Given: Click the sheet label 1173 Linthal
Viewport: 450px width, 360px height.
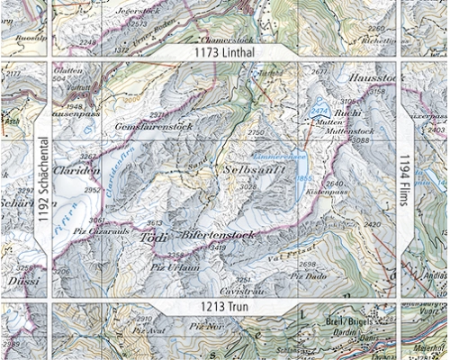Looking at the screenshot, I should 224,54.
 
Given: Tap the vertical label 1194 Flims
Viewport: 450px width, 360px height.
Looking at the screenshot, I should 405,179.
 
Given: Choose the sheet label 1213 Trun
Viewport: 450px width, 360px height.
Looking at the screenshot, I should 223,308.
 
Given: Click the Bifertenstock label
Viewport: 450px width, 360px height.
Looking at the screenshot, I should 219,235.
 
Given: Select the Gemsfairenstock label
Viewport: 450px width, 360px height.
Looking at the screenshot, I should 154,128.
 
